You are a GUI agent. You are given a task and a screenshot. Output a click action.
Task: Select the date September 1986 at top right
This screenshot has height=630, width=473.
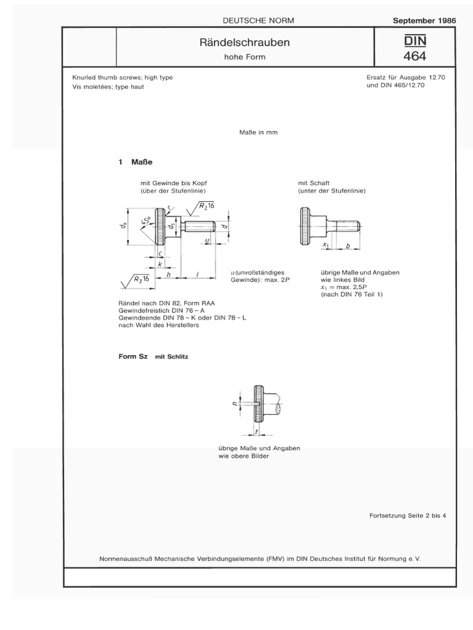(x=424, y=20)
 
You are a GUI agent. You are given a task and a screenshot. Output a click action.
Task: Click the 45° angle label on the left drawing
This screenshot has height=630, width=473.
(x=148, y=222)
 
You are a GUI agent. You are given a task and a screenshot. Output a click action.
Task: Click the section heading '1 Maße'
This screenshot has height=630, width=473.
(x=135, y=162)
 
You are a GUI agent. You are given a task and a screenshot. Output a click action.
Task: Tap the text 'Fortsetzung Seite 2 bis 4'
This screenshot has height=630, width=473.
(x=407, y=515)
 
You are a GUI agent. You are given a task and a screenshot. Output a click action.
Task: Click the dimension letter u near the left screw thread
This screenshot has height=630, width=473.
(x=206, y=241)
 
